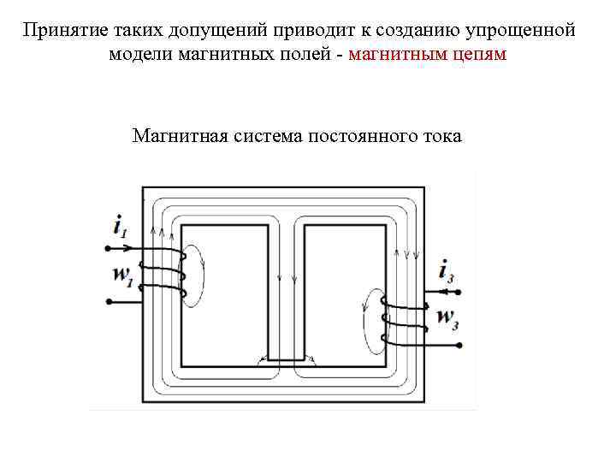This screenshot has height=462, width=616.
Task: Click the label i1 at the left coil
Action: [120, 228]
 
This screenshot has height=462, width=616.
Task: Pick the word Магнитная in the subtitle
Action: [175, 136]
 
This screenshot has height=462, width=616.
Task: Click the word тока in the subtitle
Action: [441, 136]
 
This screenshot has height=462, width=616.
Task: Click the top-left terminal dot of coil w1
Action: [108, 249]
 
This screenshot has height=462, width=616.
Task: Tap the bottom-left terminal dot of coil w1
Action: [108, 301]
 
